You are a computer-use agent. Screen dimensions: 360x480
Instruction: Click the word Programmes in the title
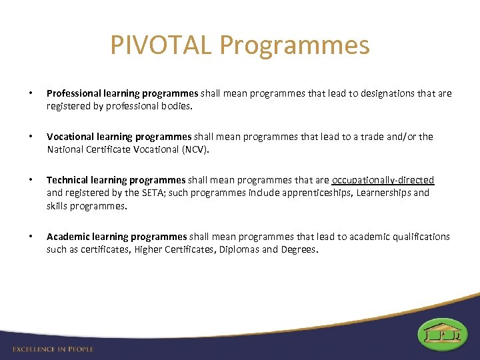pyautogui.click(x=294, y=45)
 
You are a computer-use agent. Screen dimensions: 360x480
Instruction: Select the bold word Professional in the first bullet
pyautogui.click(x=75, y=93)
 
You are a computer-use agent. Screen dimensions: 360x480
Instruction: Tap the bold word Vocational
pyautogui.click(x=71, y=137)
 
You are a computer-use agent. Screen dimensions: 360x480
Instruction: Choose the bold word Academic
pyautogui.click(x=69, y=237)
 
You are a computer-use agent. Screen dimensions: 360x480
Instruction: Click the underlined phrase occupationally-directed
pyautogui.click(x=383, y=180)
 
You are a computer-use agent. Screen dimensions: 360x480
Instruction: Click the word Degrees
pyautogui.click(x=299, y=249)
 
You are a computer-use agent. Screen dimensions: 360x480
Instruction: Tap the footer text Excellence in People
pyautogui.click(x=53, y=349)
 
